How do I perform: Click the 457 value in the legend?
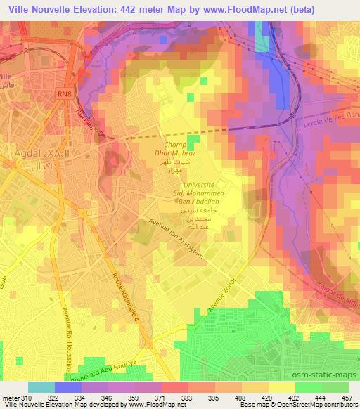[347, 397]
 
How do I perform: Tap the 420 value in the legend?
[268, 397]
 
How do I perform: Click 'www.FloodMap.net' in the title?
[229, 9]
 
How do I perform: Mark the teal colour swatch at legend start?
[41, 387]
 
